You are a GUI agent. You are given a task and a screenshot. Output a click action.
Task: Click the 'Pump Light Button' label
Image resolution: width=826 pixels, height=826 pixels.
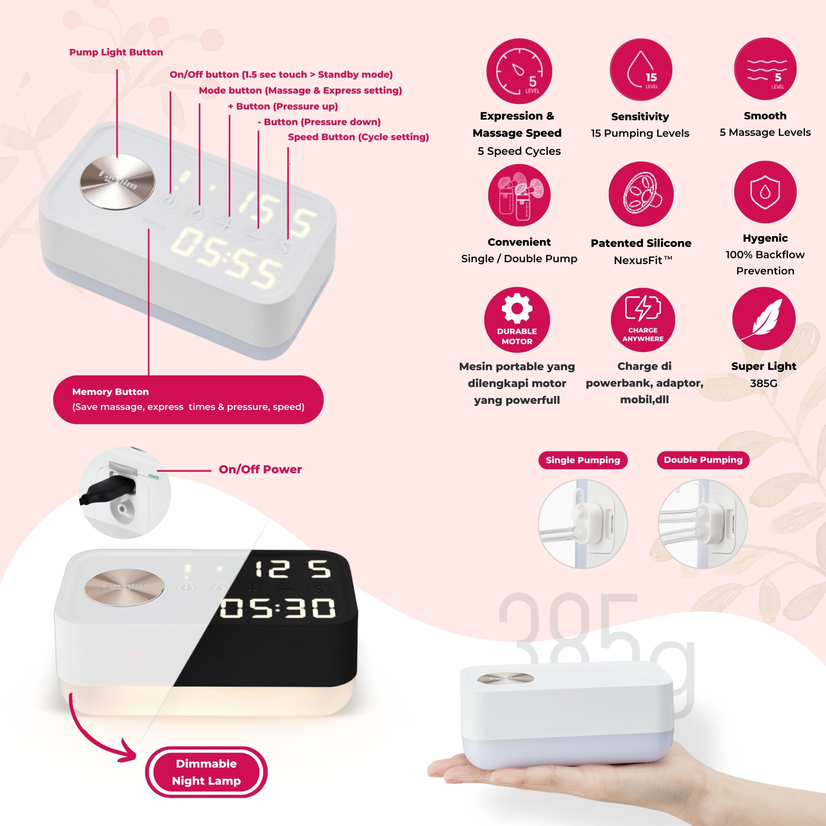tap(116, 52)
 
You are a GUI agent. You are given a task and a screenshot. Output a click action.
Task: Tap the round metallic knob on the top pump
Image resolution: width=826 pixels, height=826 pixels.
tap(117, 182)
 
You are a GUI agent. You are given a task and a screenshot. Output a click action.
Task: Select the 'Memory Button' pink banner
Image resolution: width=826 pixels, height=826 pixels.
tap(188, 399)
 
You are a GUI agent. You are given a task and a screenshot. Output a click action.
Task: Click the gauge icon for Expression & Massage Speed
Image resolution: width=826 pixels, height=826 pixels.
tap(519, 71)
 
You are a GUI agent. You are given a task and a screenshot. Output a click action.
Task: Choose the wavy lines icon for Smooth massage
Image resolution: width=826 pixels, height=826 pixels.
tap(765, 69)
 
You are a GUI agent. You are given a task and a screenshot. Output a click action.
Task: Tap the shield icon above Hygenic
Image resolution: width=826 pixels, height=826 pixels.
tap(765, 192)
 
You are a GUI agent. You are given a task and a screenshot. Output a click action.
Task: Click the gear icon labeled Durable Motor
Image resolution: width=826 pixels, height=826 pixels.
tap(517, 319)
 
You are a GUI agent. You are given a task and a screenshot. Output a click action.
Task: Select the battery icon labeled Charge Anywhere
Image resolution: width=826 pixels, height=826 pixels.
tap(643, 319)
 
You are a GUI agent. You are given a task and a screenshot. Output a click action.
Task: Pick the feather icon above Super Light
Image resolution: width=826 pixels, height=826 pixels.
tap(764, 318)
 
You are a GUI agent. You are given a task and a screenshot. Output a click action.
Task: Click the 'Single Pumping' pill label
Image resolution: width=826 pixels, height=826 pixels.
tap(583, 460)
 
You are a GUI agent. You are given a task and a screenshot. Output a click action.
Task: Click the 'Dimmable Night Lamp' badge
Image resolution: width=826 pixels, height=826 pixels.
tap(206, 772)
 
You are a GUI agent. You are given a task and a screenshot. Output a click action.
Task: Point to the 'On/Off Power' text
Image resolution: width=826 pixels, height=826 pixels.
tap(260, 469)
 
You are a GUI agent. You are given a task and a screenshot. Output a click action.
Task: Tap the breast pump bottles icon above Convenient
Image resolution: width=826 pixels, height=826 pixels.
tap(519, 195)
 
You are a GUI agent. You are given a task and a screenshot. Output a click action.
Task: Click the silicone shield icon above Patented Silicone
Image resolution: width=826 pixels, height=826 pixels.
tap(641, 194)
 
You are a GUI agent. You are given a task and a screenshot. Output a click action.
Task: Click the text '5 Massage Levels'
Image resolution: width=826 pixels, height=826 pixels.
tap(765, 133)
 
